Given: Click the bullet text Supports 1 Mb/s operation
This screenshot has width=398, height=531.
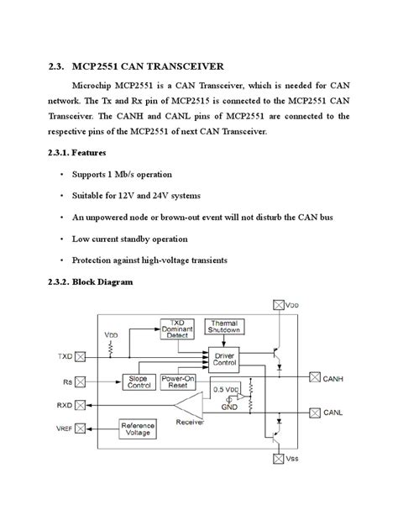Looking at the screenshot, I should tap(123, 174).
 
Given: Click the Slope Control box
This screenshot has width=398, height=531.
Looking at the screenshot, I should tap(137, 382).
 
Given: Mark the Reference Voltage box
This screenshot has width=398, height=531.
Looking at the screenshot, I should tap(137, 428).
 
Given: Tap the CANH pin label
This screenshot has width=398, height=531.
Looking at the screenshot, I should tap(333, 379).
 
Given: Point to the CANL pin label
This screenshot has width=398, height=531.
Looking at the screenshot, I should tap(333, 413).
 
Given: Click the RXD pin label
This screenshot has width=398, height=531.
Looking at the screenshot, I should tap(65, 404).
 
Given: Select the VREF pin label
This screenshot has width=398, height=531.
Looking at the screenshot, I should tap(64, 428).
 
